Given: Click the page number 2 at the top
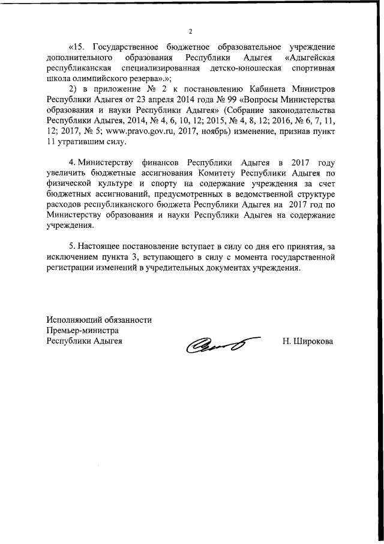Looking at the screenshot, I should coord(190,31).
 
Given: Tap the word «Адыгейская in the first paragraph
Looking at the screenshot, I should coord(308,58).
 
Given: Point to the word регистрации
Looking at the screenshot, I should coord(71,269).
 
